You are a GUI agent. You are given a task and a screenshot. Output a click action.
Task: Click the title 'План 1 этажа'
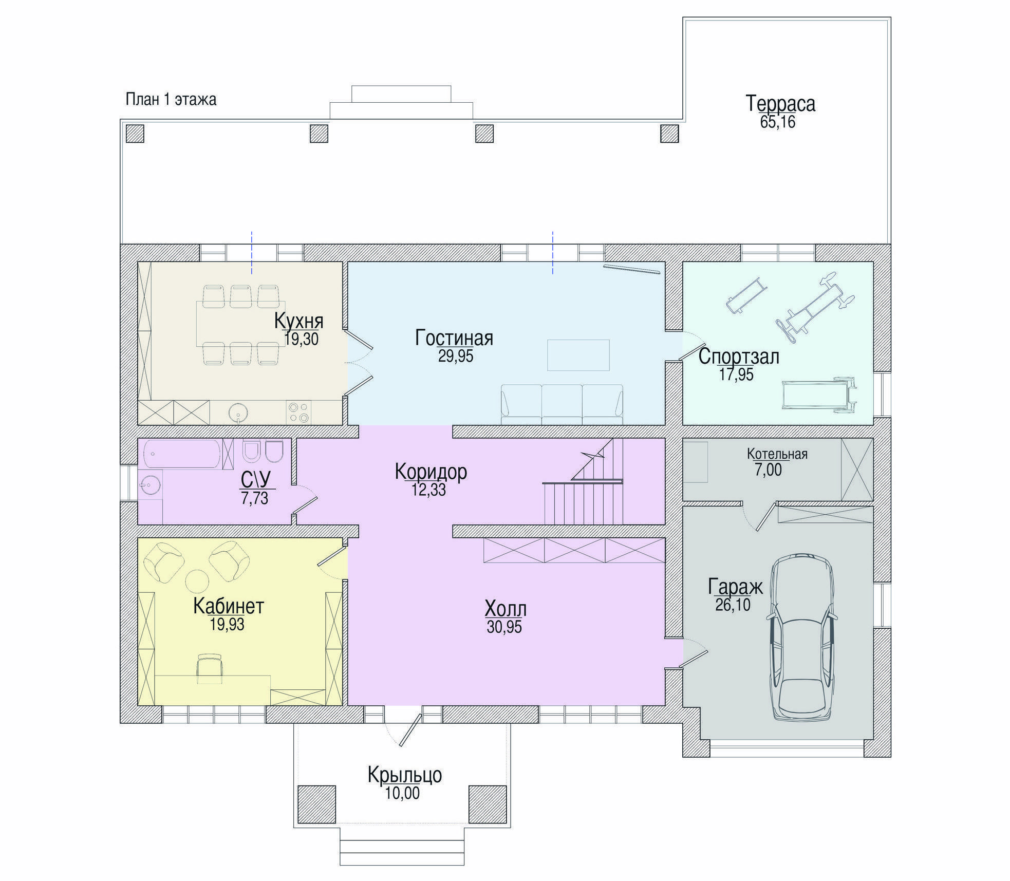click(x=171, y=99)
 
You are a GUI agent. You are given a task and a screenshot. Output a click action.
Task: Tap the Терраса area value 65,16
click(x=778, y=122)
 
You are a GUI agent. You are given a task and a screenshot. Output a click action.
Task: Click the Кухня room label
click(x=298, y=321)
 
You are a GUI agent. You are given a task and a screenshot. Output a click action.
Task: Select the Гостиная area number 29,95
click(x=456, y=356)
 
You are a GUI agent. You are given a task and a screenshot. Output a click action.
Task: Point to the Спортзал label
click(x=739, y=357)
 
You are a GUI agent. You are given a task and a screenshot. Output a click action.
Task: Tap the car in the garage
click(x=801, y=638)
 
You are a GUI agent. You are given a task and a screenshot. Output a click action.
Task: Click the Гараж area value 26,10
click(x=733, y=605)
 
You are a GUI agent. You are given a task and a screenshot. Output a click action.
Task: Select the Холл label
click(x=506, y=609)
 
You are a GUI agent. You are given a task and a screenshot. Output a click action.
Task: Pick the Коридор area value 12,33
click(x=428, y=490)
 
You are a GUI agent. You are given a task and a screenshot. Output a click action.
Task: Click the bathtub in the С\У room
click(x=182, y=454)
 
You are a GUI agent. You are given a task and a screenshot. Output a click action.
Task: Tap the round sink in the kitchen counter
click(x=238, y=413)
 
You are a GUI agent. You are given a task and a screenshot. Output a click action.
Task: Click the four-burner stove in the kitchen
click(x=299, y=413)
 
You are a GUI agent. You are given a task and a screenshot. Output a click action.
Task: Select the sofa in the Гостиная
click(x=562, y=404)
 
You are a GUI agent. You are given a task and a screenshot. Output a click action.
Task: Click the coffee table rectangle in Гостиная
click(x=578, y=355)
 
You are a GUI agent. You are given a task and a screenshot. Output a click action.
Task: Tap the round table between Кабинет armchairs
click(x=197, y=582)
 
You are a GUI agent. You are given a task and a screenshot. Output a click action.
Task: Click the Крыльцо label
click(x=405, y=775)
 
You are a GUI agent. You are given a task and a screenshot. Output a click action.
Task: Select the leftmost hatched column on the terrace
click(x=135, y=134)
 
